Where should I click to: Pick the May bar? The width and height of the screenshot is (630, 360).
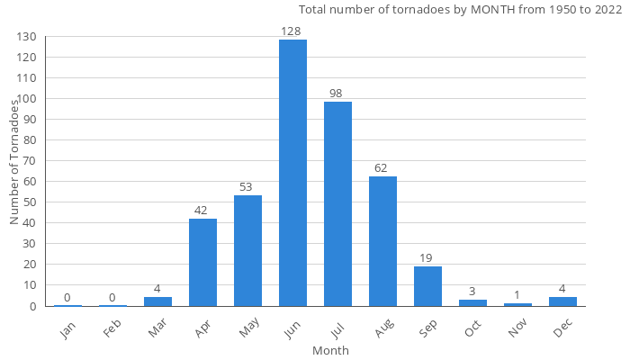pos(247,250)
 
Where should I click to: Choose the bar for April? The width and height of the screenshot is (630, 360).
pos(202,262)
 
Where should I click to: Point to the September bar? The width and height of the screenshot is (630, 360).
pos(427,286)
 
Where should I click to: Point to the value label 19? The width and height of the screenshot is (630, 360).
pos(427,258)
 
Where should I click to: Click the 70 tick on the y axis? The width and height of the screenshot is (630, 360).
pos(28,161)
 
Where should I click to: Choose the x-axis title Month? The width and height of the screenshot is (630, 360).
pos(330,350)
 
